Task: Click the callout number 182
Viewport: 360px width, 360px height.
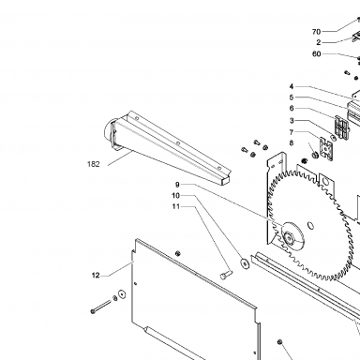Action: point(94,164)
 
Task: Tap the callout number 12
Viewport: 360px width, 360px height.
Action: point(96,276)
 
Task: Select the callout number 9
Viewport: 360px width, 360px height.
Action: point(177,185)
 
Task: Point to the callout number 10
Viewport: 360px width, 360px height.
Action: point(176,196)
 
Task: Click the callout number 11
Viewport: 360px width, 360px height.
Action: point(176,206)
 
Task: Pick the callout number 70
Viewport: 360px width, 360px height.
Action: point(316,32)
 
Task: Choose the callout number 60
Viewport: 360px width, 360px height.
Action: point(317,54)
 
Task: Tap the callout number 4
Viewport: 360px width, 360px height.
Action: point(292,86)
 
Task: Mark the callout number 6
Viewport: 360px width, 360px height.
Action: point(292,108)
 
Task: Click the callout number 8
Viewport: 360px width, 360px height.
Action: point(292,142)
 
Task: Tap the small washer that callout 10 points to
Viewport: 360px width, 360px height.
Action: point(245,262)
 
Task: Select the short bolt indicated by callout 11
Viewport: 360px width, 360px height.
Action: point(226,275)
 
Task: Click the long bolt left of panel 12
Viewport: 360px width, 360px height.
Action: point(100,307)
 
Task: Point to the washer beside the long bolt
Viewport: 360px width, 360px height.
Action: point(121,294)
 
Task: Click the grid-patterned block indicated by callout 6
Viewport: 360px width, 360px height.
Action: point(342,127)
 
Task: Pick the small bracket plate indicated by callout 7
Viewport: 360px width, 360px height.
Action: point(325,149)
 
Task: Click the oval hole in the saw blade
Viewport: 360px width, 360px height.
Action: point(310,225)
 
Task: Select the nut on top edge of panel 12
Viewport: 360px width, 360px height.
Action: point(178,253)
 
